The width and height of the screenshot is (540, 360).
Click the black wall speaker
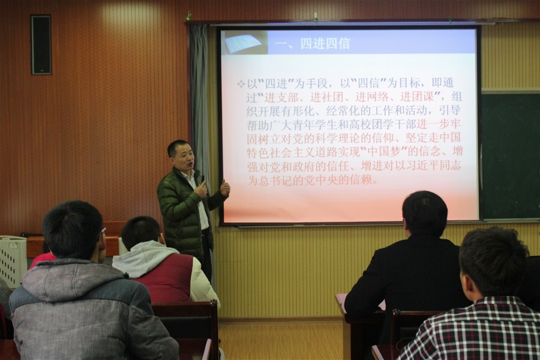coord(41,45)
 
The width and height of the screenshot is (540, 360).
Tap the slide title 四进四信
coord(325,44)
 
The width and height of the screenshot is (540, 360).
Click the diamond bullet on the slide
coord(241,84)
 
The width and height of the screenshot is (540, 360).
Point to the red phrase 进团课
coord(417,97)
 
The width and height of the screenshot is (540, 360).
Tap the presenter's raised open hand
coord(225,188)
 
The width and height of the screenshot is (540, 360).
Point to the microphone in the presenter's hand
coord(202,181)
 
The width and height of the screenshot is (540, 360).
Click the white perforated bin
coord(13,260)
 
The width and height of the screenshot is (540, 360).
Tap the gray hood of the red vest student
coord(144,257)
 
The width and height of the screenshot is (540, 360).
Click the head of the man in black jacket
coord(424,214)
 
